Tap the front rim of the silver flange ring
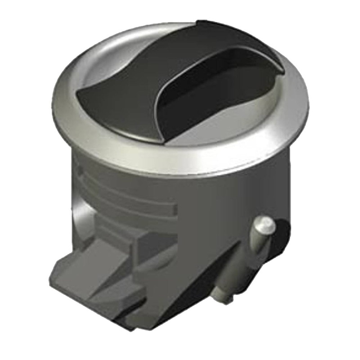click(180, 162)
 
